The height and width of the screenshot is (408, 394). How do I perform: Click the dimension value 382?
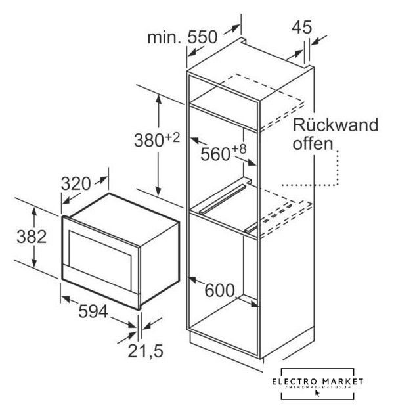pyautogui.click(x=31, y=237)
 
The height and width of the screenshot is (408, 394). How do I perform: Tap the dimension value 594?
pyautogui.click(x=93, y=313)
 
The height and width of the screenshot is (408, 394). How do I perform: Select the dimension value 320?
pyautogui.click(x=76, y=184)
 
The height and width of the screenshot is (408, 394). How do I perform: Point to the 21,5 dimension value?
pyautogui.click(x=146, y=351)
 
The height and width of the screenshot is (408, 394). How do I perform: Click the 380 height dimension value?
pyautogui.click(x=148, y=141)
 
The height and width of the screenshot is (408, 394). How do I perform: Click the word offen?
pyautogui.click(x=313, y=143)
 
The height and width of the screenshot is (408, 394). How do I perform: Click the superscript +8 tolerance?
pyautogui.click(x=239, y=148)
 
